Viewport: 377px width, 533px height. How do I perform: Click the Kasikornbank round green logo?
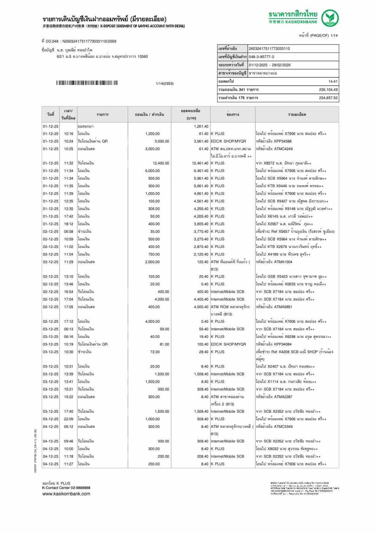point(330,18)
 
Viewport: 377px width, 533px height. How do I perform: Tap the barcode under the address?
point(87,83)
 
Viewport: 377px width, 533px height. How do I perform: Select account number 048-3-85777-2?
point(261,57)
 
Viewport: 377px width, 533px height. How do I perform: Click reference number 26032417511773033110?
point(269,49)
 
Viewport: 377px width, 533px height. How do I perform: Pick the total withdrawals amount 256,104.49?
point(328,90)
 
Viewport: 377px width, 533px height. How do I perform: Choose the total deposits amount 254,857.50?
point(328,98)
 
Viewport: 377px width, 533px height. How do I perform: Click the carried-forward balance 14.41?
point(333,81)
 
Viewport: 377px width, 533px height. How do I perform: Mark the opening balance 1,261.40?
point(201,126)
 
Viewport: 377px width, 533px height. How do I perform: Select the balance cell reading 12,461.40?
point(200,163)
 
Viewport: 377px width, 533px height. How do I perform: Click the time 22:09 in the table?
point(69,419)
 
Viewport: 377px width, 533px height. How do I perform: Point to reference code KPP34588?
point(283,141)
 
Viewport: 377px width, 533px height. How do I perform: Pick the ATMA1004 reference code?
point(283,262)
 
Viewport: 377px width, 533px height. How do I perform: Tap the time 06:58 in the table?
point(69,231)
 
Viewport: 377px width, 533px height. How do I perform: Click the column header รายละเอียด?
point(297,115)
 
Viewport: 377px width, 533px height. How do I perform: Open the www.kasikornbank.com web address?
point(66,494)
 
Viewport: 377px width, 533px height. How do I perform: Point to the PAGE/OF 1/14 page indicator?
point(318,35)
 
